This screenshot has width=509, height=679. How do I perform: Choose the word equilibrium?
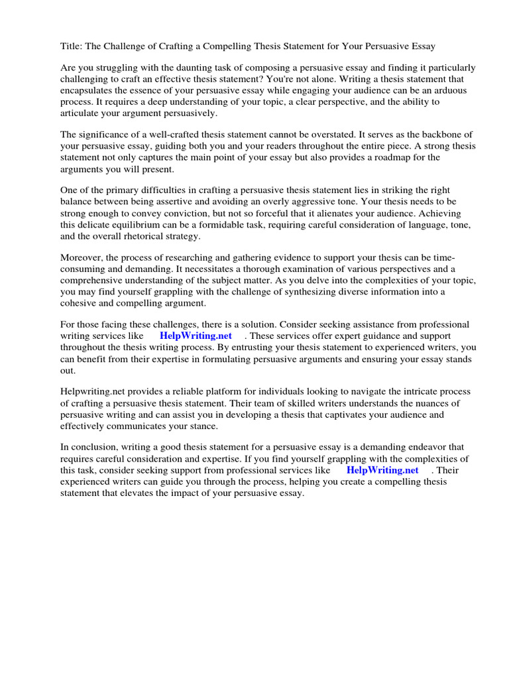coord(125,224)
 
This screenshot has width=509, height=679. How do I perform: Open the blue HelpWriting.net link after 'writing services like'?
coord(196,336)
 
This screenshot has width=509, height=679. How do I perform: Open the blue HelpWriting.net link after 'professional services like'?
coord(382,470)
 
